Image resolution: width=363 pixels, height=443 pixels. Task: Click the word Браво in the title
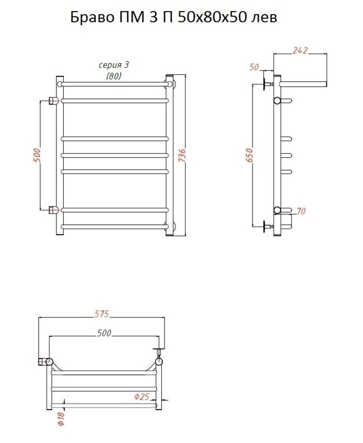(92, 18)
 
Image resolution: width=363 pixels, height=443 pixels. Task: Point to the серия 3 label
(114, 65)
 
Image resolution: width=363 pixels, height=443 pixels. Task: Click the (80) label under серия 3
(114, 76)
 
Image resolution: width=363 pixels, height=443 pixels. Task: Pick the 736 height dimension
(182, 155)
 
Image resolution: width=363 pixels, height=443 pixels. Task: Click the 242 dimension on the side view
(300, 50)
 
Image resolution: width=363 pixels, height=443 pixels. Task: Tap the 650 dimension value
(249, 155)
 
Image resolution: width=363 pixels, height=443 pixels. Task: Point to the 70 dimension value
(301, 211)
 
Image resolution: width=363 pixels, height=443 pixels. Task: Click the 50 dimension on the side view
(254, 67)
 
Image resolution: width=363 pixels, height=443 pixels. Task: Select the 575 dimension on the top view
(101, 314)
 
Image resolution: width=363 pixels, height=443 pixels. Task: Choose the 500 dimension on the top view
(104, 333)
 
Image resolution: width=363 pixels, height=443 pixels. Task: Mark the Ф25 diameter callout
(141, 397)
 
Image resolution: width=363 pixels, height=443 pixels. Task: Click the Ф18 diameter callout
(62, 418)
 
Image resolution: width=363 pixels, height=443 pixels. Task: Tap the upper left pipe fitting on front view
(54, 101)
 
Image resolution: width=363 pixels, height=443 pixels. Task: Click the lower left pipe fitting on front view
(54, 210)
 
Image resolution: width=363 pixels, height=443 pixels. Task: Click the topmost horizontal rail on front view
(114, 84)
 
